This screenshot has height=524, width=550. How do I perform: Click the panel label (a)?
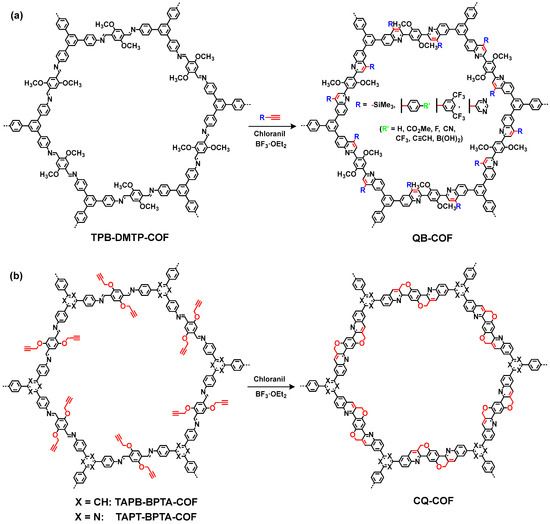pos(13,9)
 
